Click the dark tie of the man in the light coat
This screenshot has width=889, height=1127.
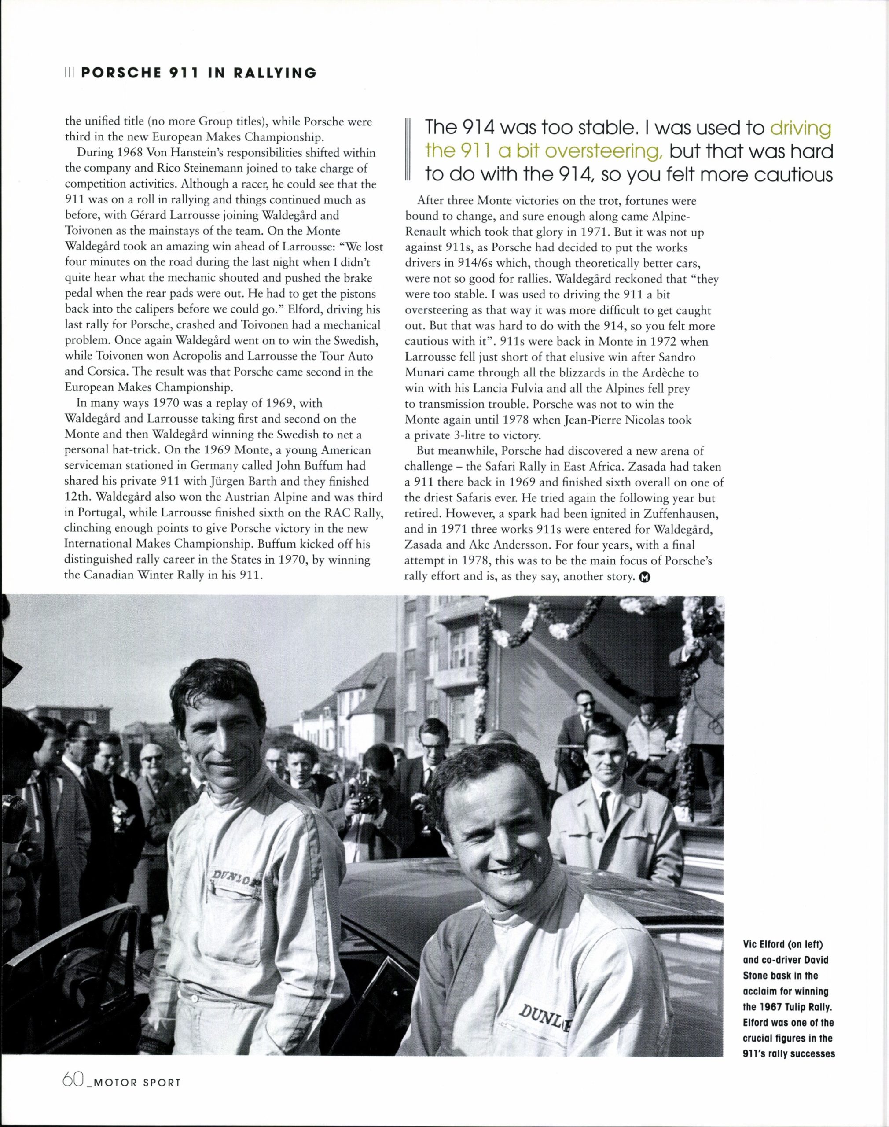[x=605, y=810]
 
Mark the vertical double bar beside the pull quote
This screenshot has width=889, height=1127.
[x=408, y=151]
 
